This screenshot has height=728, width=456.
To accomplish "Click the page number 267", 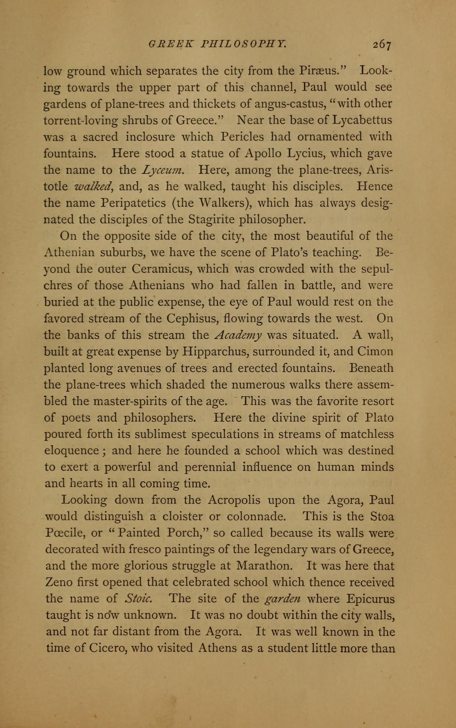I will click(x=382, y=44).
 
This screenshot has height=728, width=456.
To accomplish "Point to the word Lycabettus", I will click(x=362, y=120).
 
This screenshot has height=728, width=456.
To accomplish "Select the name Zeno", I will click(x=58, y=582).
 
